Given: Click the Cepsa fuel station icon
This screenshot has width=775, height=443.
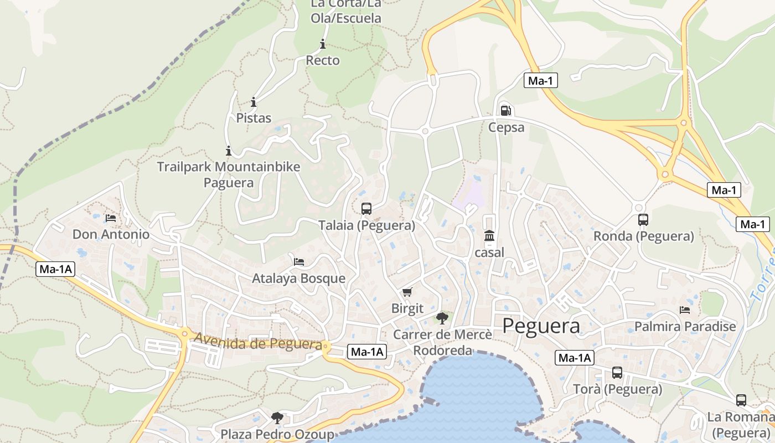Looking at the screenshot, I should (x=505, y=110).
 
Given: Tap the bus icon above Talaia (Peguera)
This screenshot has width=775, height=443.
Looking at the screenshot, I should (x=366, y=209).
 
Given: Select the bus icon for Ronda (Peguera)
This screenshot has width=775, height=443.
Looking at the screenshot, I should (x=643, y=220).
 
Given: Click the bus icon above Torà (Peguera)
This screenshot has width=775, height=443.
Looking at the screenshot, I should (x=617, y=373).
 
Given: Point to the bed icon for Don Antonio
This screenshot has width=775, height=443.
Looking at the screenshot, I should (x=111, y=218).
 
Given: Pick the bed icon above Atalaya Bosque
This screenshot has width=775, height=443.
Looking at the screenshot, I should (x=299, y=261).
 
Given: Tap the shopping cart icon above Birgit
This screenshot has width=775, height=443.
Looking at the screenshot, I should (x=407, y=292).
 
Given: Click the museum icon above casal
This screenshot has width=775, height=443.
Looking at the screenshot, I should (x=489, y=236).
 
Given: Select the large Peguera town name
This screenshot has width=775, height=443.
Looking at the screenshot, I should (x=541, y=326).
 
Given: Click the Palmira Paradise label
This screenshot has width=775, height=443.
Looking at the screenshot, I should (x=685, y=326).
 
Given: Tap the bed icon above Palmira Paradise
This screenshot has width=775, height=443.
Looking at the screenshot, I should (x=685, y=310).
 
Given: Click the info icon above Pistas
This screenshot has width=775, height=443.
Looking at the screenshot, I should (x=254, y=102).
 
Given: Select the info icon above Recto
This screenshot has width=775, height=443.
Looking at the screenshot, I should (x=323, y=44).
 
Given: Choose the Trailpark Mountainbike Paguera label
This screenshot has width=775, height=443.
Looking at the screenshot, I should (x=229, y=174).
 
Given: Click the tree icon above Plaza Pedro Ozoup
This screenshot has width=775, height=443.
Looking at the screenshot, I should (x=277, y=418).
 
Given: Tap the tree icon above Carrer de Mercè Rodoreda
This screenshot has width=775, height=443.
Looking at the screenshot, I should (x=442, y=318).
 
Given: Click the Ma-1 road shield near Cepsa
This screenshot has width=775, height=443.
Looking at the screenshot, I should (x=541, y=81).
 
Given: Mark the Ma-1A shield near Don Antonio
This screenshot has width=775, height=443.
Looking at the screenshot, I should (x=55, y=270).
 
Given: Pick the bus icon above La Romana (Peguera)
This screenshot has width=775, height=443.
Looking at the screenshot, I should (x=741, y=400).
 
